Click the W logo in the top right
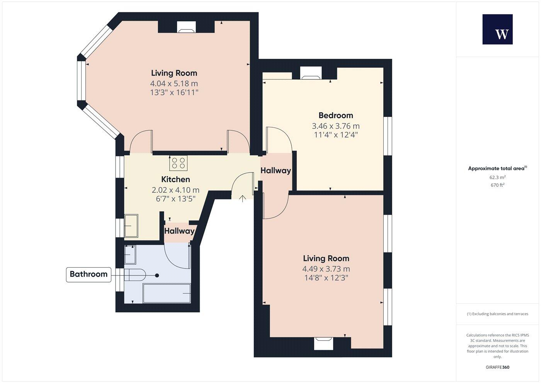pyautogui.click(x=497, y=29)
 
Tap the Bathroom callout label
pyautogui.click(x=88, y=274)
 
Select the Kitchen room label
pyautogui.click(x=175, y=180)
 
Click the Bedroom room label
pyautogui.click(x=335, y=115)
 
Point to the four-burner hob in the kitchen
pyautogui.click(x=178, y=163)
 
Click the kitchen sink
pyautogui.click(x=131, y=226)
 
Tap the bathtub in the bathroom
pyautogui.click(x=167, y=294)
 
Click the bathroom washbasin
pyautogui.click(x=130, y=255)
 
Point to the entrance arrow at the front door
pyautogui.click(x=242, y=199)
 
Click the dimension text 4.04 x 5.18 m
pyautogui.click(x=174, y=84)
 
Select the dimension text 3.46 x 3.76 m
pyautogui.click(x=335, y=126)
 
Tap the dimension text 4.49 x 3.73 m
pyautogui.click(x=326, y=269)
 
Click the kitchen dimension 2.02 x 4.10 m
pyautogui.click(x=175, y=190)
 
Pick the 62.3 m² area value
pyautogui.click(x=497, y=178)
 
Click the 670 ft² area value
pyautogui.click(x=497, y=185)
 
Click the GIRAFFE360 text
pyautogui.click(x=497, y=367)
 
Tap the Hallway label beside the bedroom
pyautogui.click(x=276, y=171)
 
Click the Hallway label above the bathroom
pyautogui.click(x=179, y=231)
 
